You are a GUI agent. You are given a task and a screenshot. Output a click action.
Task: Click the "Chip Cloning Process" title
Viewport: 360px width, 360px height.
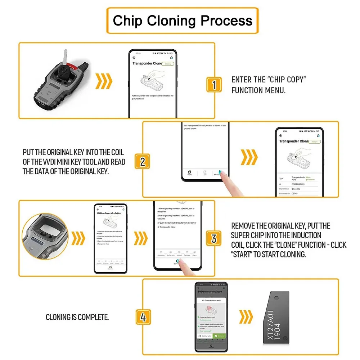click(183, 21)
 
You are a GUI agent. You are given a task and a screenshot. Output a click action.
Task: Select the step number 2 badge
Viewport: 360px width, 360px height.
click(142, 162)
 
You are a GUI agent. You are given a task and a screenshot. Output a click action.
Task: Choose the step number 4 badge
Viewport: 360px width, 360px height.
click(143, 318)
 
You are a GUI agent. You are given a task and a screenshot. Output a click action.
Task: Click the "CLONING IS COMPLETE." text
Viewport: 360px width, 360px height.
click(77, 317)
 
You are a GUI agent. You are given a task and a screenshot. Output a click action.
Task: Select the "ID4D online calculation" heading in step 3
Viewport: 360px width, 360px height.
click(109, 213)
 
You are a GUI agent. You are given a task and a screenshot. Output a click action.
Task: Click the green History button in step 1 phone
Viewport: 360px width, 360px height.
click(167, 64)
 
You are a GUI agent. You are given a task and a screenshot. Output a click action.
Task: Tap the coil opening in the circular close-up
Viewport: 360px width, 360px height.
click(48, 220)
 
